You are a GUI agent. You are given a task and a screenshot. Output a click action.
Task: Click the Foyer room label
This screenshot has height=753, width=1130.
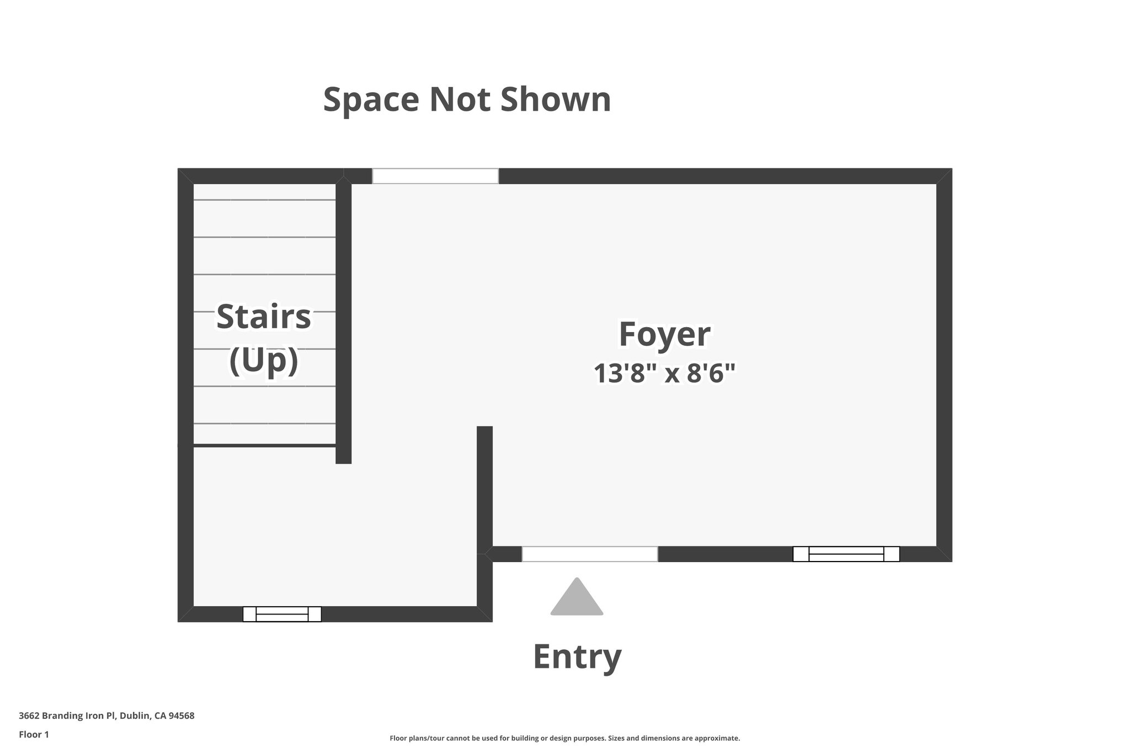point(664,335)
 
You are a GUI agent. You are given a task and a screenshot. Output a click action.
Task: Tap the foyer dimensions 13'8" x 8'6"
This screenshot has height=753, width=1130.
point(664,374)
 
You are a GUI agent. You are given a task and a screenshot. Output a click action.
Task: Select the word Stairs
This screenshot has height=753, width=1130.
point(264,317)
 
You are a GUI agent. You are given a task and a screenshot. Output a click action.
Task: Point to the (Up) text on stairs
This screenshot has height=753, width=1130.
point(264,361)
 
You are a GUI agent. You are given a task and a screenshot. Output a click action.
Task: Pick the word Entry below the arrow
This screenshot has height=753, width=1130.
point(577,656)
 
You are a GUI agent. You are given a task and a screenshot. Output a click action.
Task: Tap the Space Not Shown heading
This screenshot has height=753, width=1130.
point(467,100)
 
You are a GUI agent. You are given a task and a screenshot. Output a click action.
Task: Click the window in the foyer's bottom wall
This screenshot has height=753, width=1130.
point(846,554)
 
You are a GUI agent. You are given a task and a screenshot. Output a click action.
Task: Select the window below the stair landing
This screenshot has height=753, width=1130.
point(282,614)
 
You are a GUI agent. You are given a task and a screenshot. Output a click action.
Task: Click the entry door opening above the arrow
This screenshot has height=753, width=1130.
point(590,554)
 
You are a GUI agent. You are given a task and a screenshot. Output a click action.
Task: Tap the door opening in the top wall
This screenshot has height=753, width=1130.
point(435,176)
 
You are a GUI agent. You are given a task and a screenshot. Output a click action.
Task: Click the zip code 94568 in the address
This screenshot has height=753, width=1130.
point(182,716)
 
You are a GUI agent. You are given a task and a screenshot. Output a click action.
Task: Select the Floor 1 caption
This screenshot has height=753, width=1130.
point(34,734)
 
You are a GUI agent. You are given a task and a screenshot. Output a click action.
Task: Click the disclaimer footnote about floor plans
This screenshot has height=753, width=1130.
point(564,738)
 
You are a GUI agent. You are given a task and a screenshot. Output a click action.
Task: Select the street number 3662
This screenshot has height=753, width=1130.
point(29,716)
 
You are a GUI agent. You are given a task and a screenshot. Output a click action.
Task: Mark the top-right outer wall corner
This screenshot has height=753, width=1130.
point(944,176)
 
